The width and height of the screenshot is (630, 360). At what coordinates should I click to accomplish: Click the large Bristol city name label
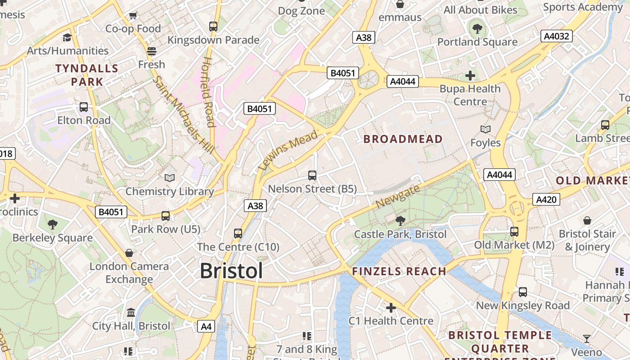coord(231,271)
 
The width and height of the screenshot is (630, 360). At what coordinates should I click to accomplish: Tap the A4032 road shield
coord(557,36)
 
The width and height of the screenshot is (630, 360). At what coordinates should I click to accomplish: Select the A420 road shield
coord(546,199)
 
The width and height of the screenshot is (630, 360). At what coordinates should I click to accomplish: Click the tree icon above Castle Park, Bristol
coord(400,220)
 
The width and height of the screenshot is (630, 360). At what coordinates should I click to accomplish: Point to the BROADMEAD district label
coord(403,139)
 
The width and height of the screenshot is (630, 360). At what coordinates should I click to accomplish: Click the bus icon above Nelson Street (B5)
coord(312,175)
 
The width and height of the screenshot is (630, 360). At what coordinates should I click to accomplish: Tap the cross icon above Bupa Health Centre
coord(470,76)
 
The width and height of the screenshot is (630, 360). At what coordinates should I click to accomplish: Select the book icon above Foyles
coord(485,130)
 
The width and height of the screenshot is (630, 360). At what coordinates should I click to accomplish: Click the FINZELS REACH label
coord(399,271)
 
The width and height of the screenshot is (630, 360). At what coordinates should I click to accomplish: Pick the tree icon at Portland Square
coord(477,29)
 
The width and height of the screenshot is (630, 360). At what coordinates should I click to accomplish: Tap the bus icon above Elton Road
coord(84,107)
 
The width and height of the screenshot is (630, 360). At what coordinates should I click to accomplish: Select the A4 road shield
coord(206,326)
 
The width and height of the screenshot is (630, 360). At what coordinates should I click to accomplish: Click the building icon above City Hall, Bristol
coord(131,312)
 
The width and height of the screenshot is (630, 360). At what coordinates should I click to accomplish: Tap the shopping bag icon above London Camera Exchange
coord(129,253)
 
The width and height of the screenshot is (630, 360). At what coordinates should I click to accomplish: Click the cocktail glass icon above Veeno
coord(587,338)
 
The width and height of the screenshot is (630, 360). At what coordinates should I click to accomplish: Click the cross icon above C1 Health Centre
coord(391,308)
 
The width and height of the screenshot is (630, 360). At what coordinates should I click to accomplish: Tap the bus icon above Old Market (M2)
coord(514,232)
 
